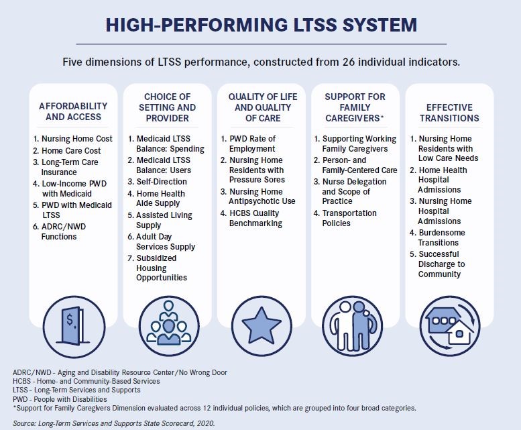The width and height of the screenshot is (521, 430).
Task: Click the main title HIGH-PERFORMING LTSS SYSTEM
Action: [261, 25]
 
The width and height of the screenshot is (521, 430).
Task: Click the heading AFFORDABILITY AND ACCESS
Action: [73, 111]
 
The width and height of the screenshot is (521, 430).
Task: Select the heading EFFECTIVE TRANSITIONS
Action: [449, 112]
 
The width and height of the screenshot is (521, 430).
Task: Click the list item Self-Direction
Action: [162, 182]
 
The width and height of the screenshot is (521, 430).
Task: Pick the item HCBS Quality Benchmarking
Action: [255, 219]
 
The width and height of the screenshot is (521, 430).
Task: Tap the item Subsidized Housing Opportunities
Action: [164, 268]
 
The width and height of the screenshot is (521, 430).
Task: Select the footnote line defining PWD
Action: [60, 398]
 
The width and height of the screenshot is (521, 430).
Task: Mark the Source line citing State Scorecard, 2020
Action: [115, 423]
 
